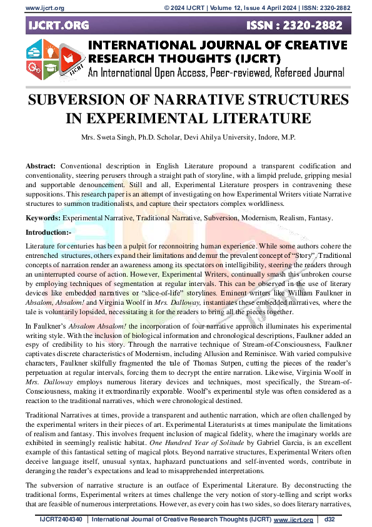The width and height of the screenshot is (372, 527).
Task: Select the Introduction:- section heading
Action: click(52, 232)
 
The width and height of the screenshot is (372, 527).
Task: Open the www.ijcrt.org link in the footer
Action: click(294, 519)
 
